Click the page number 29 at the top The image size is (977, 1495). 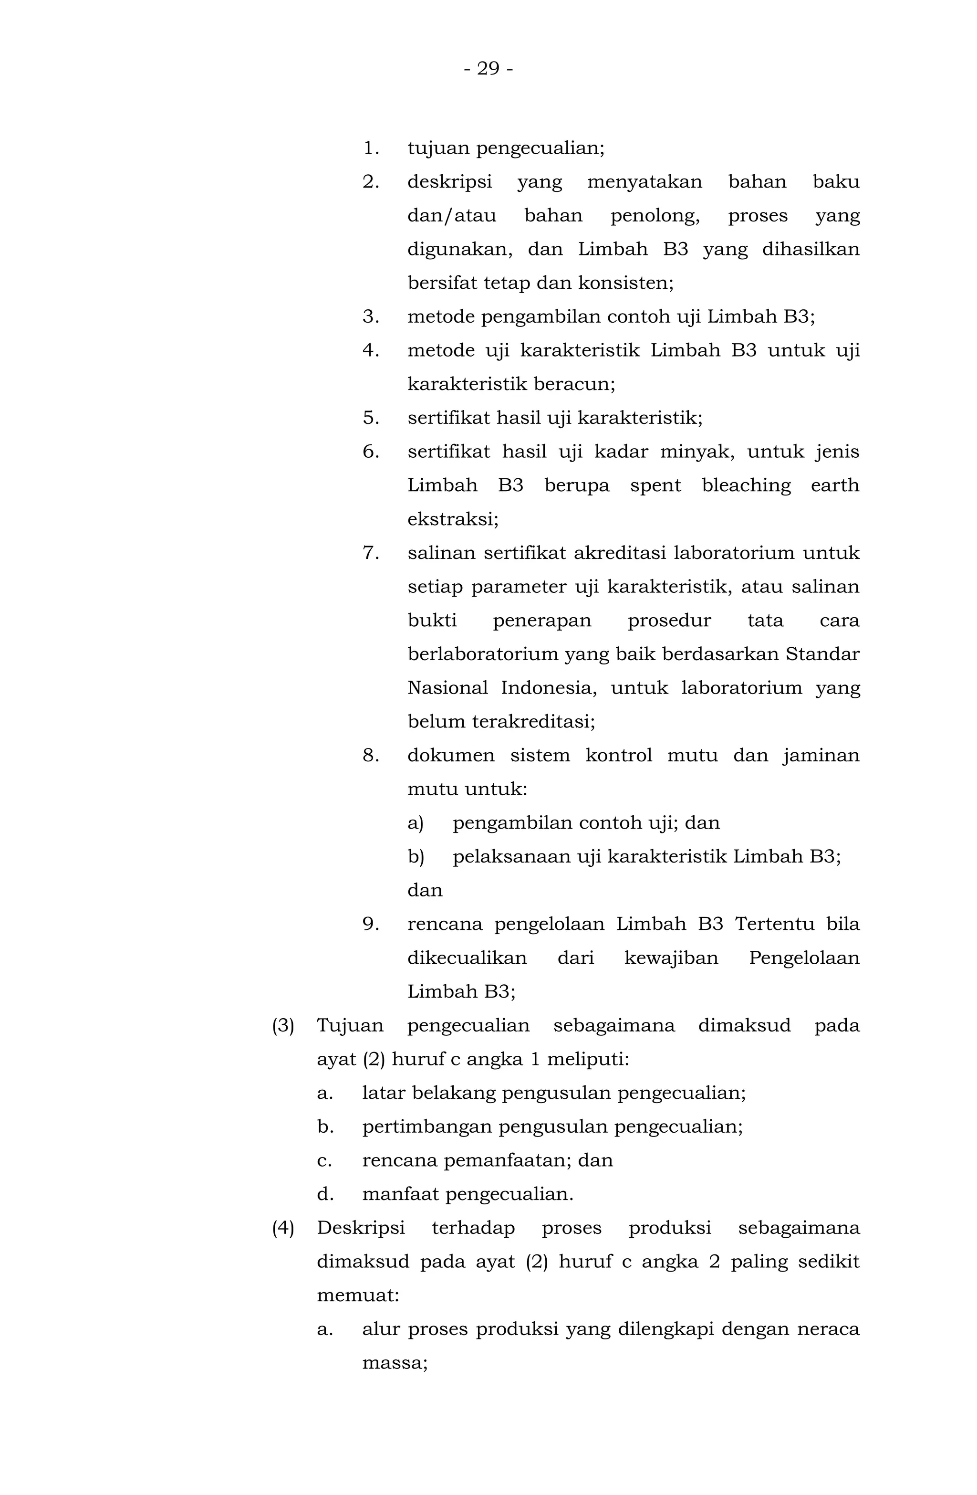pyautogui.click(x=488, y=68)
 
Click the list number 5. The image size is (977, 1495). pyautogui.click(x=371, y=418)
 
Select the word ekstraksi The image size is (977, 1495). pyautogui.click(x=453, y=519)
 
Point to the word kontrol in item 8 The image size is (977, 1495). pyautogui.click(x=618, y=755)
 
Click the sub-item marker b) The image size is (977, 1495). pyautogui.click(x=416, y=857)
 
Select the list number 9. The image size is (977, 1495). pyautogui.click(x=371, y=924)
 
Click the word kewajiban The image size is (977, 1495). pyautogui.click(x=671, y=958)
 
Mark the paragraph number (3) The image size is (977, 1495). pyautogui.click(x=282, y=1026)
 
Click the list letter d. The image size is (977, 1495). pyautogui.click(x=324, y=1194)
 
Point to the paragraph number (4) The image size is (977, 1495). pyautogui.click(x=282, y=1228)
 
